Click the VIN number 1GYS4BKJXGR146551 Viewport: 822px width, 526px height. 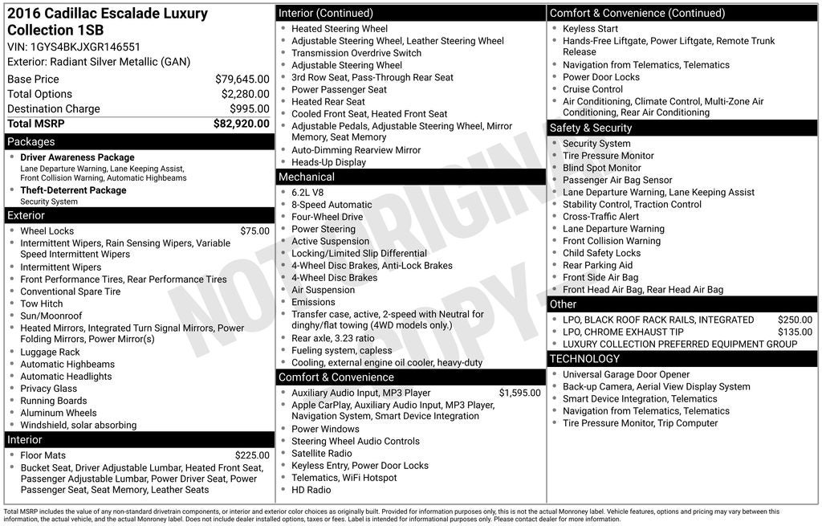click(x=85, y=47)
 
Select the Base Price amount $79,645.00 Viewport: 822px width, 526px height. click(x=242, y=79)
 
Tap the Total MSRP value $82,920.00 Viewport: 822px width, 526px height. click(x=241, y=124)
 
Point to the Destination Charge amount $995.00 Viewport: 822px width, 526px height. click(x=250, y=108)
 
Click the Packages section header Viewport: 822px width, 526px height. click(x=31, y=141)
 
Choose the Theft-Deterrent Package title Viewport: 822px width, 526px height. click(x=73, y=190)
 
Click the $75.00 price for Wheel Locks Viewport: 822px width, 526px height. click(x=254, y=230)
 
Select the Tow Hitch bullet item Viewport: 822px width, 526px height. click(x=42, y=304)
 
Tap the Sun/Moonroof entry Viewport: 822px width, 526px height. click(x=51, y=316)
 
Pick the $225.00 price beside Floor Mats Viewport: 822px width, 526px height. click(x=252, y=455)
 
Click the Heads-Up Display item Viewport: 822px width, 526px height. click(x=328, y=162)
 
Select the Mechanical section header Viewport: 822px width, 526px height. click(x=307, y=177)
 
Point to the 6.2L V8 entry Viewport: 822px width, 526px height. click(x=308, y=193)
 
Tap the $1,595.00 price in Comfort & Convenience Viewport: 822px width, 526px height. click(x=519, y=393)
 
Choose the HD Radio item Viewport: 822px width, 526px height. click(x=311, y=490)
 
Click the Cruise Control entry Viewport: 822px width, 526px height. click(x=592, y=89)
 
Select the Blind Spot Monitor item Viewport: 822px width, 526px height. click(x=601, y=168)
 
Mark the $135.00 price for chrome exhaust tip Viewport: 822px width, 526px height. click(x=795, y=332)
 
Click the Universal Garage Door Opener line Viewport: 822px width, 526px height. click(x=626, y=374)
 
